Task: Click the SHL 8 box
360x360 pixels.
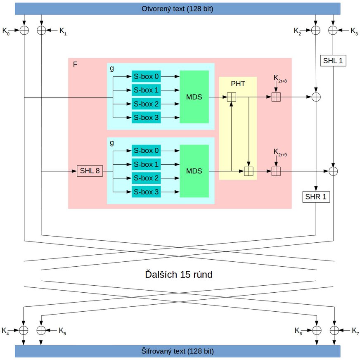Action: tap(90, 171)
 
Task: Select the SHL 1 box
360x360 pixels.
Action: tap(333, 61)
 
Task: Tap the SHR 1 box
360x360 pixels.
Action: tap(316, 197)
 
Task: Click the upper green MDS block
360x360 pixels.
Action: tap(194, 97)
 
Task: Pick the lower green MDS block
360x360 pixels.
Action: tap(194, 171)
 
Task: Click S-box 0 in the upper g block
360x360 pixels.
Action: tap(146, 76)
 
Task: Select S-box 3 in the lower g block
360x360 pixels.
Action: tap(146, 192)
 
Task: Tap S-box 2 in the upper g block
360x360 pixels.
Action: tap(146, 104)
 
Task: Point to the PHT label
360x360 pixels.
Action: tap(238, 83)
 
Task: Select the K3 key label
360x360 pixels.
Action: tap(354, 31)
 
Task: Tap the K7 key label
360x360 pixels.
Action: tap(355, 330)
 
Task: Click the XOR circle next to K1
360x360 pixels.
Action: tap(41, 30)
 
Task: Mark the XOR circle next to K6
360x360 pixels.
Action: tap(316, 330)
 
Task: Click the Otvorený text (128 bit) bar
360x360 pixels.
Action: tap(178, 9)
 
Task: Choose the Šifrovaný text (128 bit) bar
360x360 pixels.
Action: tap(178, 351)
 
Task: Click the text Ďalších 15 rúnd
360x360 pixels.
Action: tap(179, 274)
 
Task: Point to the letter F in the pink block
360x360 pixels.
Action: tap(75, 66)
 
